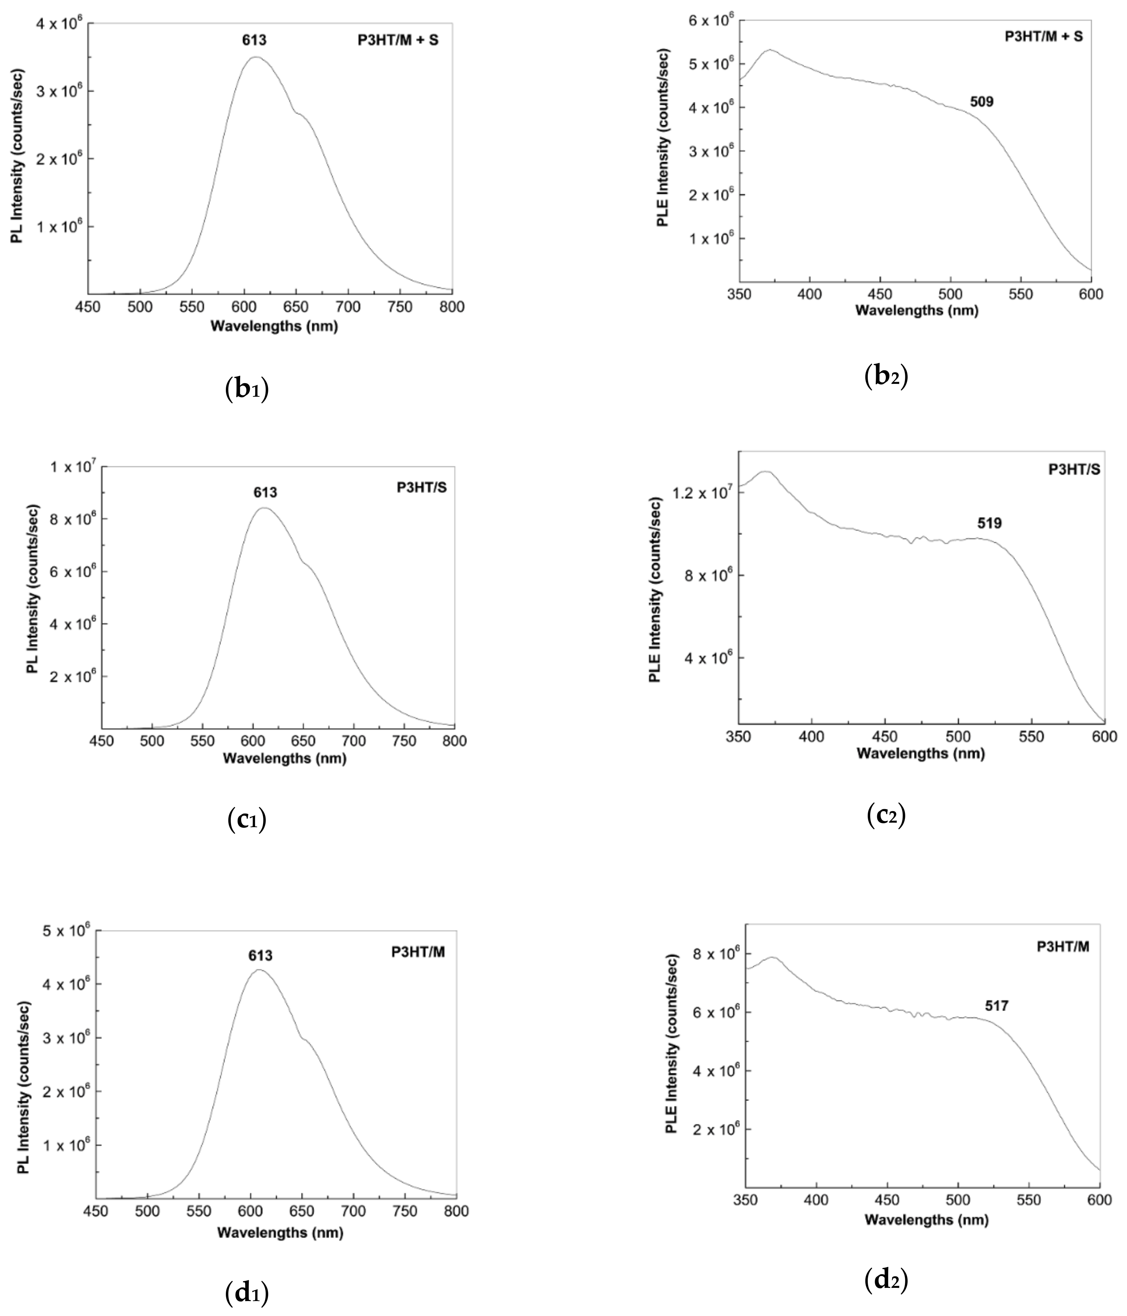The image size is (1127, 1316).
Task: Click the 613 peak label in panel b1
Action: point(254,41)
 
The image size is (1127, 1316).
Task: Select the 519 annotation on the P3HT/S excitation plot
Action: point(989,523)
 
